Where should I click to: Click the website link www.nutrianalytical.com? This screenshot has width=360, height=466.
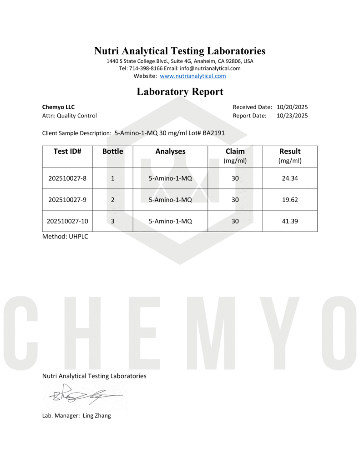click(x=193, y=76)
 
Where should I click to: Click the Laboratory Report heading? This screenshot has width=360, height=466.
click(x=180, y=91)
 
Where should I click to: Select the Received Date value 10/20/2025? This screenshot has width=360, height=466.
click(x=292, y=107)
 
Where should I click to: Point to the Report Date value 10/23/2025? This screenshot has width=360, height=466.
click(x=292, y=116)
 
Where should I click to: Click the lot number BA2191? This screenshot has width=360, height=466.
click(x=214, y=133)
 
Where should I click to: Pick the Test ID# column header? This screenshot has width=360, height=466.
click(x=67, y=152)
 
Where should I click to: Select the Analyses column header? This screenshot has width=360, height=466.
click(x=170, y=152)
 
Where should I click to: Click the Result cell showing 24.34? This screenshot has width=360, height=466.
click(x=289, y=178)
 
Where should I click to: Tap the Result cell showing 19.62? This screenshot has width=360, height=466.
click(x=289, y=200)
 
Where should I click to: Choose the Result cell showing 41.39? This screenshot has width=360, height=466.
click(x=289, y=221)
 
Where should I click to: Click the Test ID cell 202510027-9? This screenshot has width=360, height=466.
click(x=67, y=200)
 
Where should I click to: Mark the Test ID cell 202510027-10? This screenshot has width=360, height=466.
click(x=67, y=221)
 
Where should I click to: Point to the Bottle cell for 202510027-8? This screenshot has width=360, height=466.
click(x=112, y=178)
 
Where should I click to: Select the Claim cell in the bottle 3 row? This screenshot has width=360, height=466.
click(x=235, y=221)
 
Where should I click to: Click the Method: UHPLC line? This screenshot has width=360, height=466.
click(x=65, y=237)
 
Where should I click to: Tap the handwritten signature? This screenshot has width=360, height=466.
click(x=82, y=394)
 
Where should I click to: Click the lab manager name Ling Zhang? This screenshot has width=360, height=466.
click(x=96, y=415)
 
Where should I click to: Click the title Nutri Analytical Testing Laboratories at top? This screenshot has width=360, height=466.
click(x=180, y=51)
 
